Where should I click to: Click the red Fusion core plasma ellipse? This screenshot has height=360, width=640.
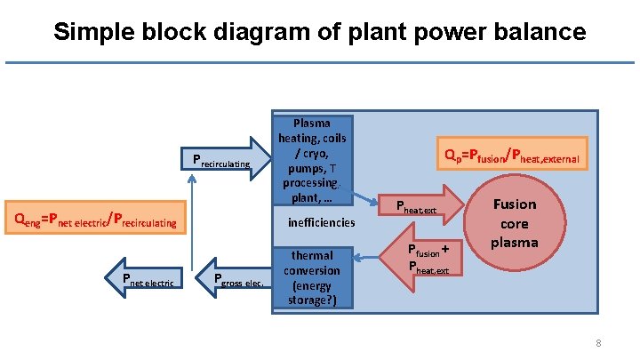coord(515,222)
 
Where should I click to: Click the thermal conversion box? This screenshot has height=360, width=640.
coord(312,276)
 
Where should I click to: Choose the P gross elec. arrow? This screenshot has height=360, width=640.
coord(236,280)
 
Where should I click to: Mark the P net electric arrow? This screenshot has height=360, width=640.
coord(142,280)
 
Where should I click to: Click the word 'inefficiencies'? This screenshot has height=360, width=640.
coord(321,222)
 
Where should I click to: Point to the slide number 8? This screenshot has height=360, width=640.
coord(599,343)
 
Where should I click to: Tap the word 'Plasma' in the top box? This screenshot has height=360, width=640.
coord(312,124)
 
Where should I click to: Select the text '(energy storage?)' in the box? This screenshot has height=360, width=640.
coord(312,292)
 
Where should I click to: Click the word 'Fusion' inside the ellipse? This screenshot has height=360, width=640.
coord(515,204)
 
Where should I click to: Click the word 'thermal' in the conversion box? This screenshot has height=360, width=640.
coord(312,255)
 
